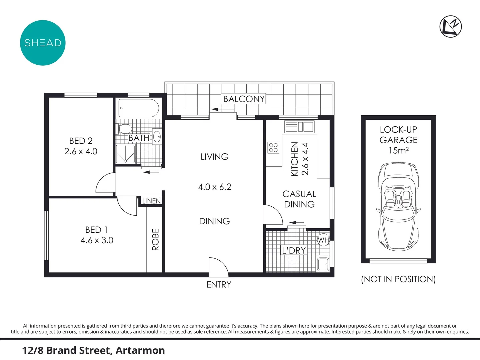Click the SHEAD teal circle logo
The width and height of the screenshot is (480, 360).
coord(43,43)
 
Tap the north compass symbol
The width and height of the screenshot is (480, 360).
coord(450,26)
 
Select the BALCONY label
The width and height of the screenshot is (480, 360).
coord(244,99)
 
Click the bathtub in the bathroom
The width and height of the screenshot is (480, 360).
coord(139,108)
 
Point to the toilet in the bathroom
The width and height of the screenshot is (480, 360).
coord(125,129)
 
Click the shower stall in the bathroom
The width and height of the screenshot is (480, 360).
coord(125,154)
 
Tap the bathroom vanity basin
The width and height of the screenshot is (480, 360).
coord(157,136)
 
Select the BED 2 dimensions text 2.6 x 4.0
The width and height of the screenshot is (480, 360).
coord(81,151)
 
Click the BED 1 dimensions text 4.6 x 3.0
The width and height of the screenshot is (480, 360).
coord(97,240)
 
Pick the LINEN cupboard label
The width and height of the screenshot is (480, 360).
coord(151,201)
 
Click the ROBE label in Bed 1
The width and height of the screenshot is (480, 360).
coord(156,239)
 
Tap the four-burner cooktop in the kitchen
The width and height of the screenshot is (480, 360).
coord(273,148)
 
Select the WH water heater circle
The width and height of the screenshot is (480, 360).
coord(323,240)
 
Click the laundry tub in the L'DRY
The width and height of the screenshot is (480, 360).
coord(323,264)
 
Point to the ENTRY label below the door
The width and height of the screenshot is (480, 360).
coord(219,285)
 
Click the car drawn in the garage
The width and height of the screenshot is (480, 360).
coord(398,207)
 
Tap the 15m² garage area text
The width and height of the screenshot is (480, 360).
coord(398,151)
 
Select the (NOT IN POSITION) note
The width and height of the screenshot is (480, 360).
coord(398,279)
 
